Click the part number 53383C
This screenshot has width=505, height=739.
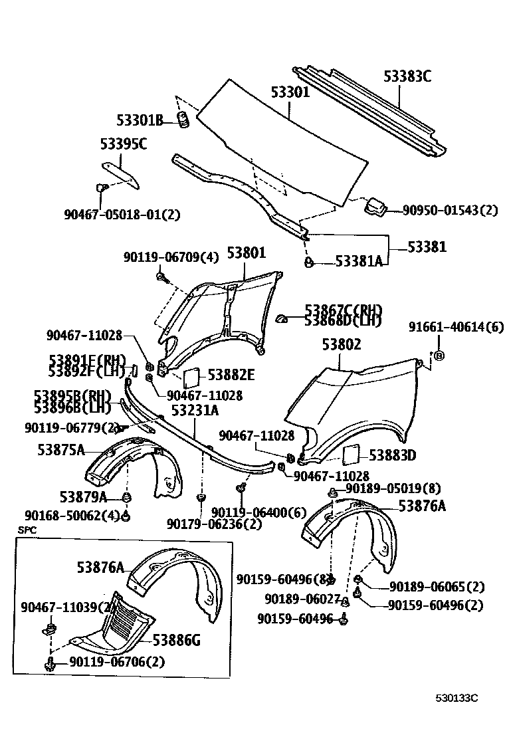point(407,76)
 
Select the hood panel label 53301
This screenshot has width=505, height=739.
point(290,92)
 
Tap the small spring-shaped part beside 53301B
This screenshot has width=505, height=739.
point(183,120)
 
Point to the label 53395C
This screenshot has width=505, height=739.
point(123,144)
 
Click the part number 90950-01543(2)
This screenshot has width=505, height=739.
point(450,210)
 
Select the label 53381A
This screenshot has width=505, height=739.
point(359,261)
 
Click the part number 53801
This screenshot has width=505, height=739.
point(246,253)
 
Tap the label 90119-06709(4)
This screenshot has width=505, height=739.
point(170,257)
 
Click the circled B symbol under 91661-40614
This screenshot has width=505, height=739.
point(439,356)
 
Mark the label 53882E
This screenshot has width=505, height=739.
point(231,375)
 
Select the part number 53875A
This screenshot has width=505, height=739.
point(60,450)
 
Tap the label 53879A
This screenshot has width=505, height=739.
point(82,496)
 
